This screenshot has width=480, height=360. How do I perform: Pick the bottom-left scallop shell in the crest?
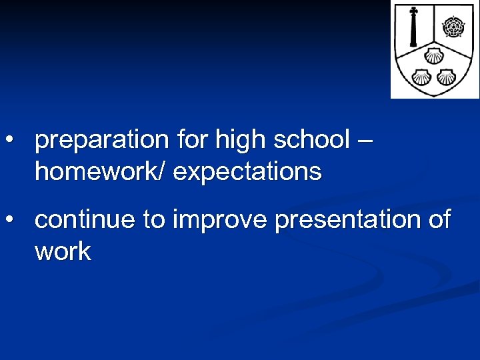tap(423, 76)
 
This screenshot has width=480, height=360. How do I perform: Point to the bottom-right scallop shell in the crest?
tap(446, 76)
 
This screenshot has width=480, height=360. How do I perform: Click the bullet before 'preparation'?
tap(10, 141)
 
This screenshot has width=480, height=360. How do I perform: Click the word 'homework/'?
tap(101, 172)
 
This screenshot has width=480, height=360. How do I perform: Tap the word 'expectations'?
tap(247, 172)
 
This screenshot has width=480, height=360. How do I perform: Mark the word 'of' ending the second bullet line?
tap(439, 219)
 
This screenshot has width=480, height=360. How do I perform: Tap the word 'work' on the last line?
tap(63, 251)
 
